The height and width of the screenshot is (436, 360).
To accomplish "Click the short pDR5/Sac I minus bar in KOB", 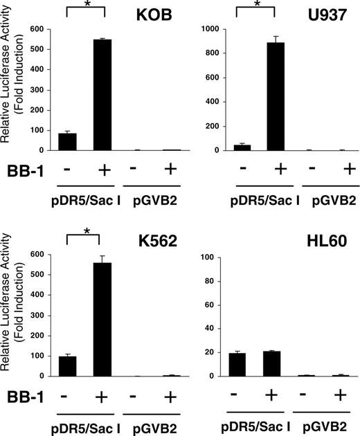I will tap(67, 141).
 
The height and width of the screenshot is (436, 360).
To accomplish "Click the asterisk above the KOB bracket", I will tap(84, 6).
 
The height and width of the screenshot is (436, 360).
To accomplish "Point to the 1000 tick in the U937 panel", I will tap(208, 30).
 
